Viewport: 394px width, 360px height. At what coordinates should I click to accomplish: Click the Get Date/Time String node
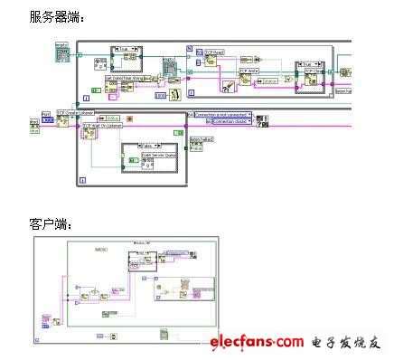123,80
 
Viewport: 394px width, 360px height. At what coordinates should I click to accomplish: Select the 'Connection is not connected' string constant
222,116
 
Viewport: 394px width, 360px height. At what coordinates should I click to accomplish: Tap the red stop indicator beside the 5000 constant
129,118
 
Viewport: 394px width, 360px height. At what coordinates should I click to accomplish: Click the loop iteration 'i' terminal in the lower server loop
82,181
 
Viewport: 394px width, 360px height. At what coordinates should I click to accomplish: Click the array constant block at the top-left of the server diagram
62,53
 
